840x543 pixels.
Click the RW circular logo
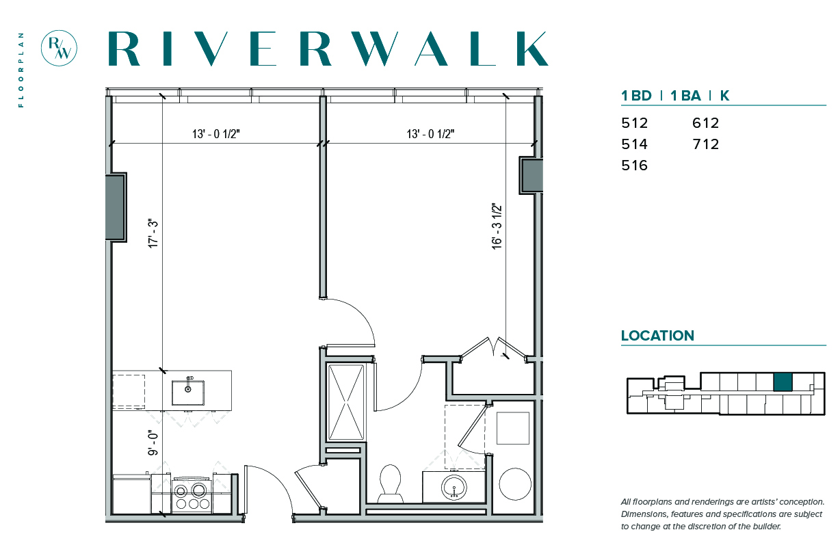(59, 48)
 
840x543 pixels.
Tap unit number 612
(705, 123)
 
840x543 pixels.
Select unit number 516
(635, 165)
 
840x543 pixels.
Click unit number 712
(705, 144)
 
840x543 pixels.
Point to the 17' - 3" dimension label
(153, 233)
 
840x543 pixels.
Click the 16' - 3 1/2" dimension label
(497, 226)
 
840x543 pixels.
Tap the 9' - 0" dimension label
(153, 443)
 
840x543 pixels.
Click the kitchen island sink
(188, 393)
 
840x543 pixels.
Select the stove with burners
(192, 495)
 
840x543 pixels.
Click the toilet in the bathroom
(390, 484)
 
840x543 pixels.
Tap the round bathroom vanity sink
(454, 487)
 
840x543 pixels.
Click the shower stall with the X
(346, 402)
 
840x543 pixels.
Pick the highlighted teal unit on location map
(783, 382)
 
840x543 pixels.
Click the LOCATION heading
(657, 336)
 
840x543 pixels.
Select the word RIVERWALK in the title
(328, 49)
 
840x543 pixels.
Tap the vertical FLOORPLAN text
(21, 70)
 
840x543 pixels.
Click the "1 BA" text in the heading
(685, 96)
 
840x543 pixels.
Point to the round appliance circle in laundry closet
(515, 484)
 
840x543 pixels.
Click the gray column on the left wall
(116, 207)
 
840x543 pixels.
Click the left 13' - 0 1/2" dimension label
(216, 134)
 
